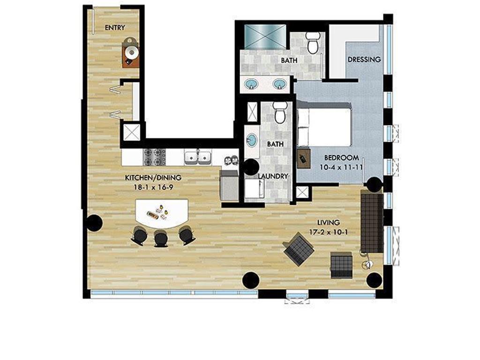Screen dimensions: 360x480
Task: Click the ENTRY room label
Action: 115,28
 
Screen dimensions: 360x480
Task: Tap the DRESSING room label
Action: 364,60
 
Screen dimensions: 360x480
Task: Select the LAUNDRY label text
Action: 273,176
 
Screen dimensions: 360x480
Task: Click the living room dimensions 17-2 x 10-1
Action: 328,231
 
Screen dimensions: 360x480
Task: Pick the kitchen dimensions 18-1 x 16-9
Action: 153,187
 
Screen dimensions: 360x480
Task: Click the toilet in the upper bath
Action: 313,43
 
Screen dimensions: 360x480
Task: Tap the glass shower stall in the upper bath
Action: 266,36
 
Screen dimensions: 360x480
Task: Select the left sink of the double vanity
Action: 252,84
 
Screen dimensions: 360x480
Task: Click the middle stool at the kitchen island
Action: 161,238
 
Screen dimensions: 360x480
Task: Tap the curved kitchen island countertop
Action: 162,213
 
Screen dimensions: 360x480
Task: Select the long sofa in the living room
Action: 372,222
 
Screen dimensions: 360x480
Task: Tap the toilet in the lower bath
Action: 280,112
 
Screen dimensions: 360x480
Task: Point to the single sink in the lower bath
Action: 252,140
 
